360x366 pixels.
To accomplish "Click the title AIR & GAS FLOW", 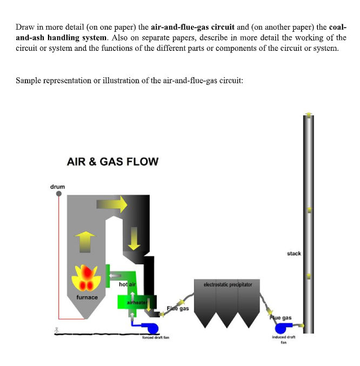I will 112,161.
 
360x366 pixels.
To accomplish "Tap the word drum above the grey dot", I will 58,187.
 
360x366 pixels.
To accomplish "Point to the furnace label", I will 86,297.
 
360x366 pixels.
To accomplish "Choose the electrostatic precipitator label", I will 224,284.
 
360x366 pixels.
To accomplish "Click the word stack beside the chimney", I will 294,253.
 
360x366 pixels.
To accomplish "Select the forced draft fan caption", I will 156,337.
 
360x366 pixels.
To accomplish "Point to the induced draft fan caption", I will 283,340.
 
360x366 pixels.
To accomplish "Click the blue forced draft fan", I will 146,327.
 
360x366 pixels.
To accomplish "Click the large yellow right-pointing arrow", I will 111,204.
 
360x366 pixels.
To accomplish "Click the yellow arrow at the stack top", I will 309,115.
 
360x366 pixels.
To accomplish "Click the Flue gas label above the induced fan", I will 282,318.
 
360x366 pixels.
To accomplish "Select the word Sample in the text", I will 28,81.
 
